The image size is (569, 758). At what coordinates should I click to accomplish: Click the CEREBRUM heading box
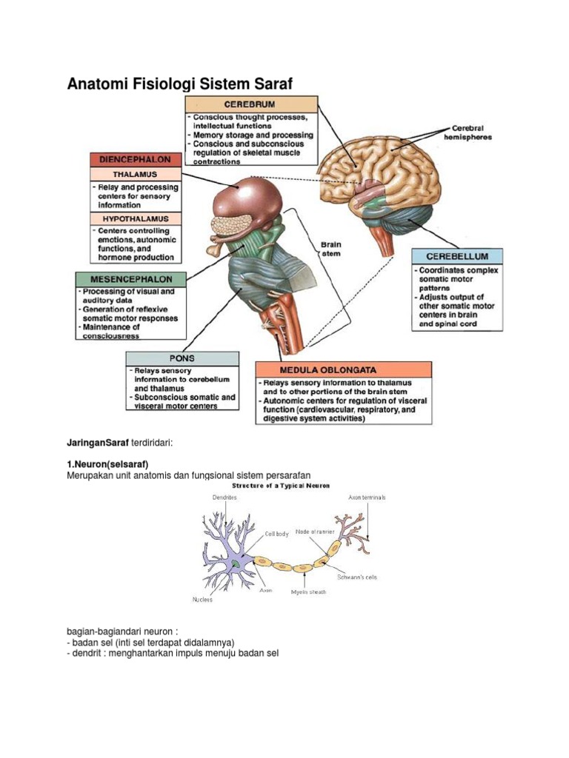(251, 104)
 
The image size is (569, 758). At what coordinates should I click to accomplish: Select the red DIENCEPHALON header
(134, 159)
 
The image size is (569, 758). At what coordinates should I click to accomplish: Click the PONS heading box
(182, 358)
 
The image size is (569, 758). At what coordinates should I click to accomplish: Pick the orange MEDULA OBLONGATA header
(343, 369)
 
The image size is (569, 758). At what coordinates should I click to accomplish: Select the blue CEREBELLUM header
(456, 256)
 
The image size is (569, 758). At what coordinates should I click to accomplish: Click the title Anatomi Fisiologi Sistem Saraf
(180, 84)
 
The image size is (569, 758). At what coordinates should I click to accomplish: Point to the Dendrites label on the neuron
(224, 498)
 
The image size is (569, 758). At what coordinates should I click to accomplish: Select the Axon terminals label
(367, 498)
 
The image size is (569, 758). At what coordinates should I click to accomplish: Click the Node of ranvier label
(314, 531)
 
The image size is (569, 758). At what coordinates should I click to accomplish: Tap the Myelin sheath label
(308, 591)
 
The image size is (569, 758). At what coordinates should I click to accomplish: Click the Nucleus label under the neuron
(202, 600)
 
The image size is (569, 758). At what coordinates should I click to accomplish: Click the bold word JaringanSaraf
(98, 442)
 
